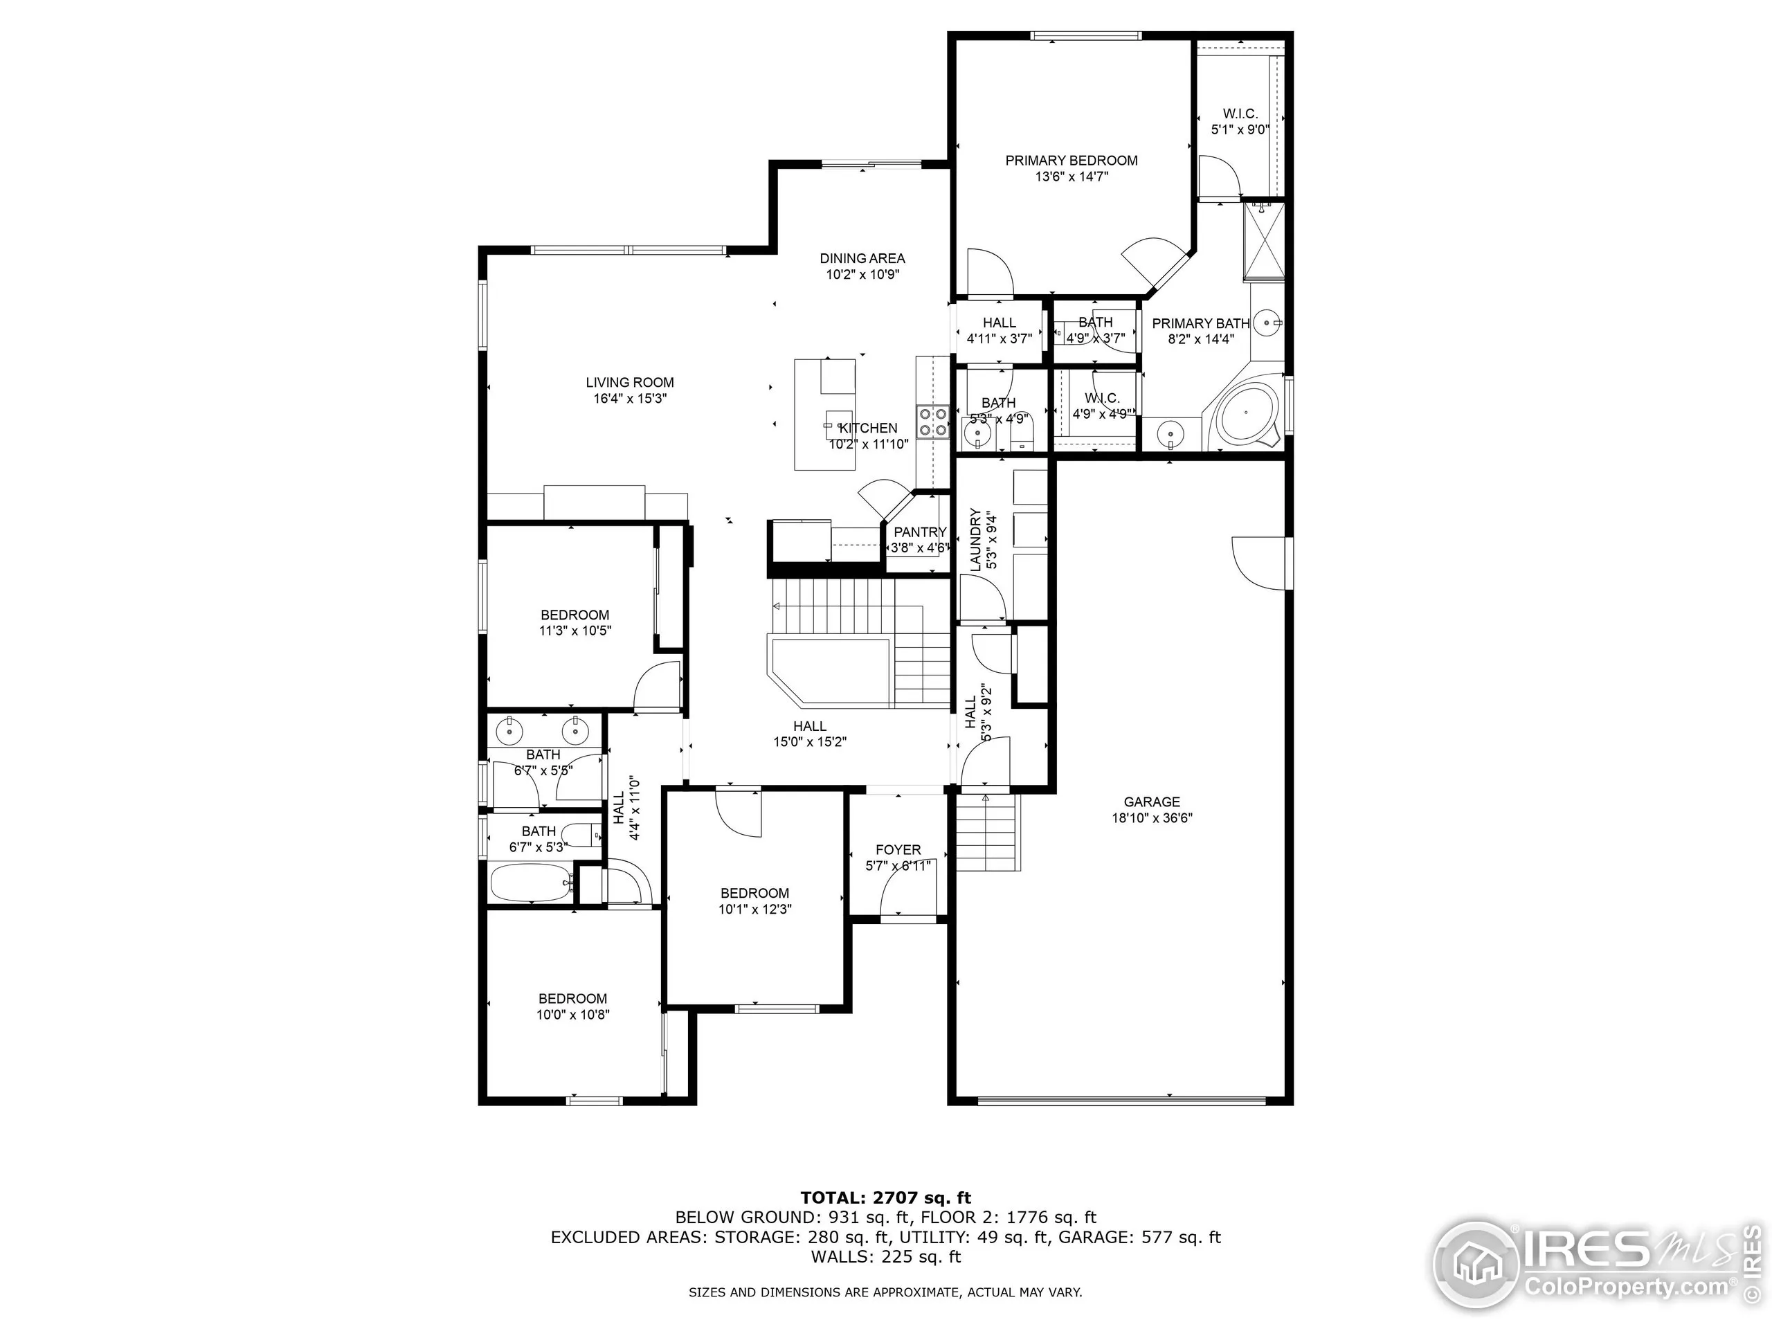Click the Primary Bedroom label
point(1071,160)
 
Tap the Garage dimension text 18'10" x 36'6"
point(1151,818)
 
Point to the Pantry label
point(920,532)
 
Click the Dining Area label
point(862,258)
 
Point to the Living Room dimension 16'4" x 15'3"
point(630,398)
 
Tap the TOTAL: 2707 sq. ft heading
point(885,1197)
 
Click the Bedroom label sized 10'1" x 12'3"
point(754,892)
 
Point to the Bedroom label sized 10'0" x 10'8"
point(572,998)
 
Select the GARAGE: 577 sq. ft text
point(1139,1237)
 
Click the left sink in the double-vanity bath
point(509,730)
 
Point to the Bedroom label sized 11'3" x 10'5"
point(575,615)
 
